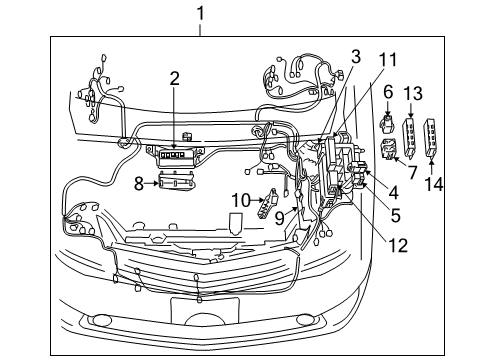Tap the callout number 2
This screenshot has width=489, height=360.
click(x=174, y=77)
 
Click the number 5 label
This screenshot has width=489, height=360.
click(x=396, y=213)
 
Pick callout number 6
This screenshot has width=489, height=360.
click(x=388, y=92)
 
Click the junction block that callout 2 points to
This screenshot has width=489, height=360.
click(x=177, y=153)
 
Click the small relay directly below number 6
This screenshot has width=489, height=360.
click(x=388, y=126)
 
